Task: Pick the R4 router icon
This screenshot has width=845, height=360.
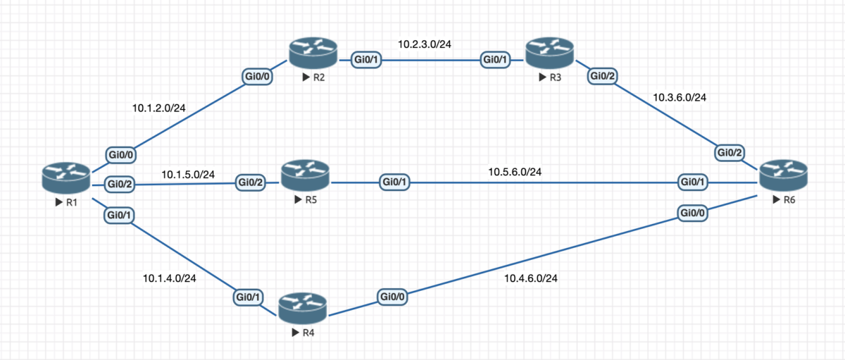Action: point(303,309)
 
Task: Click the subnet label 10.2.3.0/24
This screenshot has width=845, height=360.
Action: point(425,44)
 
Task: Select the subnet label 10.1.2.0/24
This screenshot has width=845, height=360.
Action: point(159,109)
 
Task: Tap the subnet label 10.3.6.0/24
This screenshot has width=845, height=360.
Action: point(680,97)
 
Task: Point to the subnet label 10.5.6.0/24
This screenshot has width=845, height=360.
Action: point(515,171)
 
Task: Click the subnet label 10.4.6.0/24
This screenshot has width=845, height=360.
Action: point(531,279)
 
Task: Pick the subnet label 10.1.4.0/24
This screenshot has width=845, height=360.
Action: point(169,278)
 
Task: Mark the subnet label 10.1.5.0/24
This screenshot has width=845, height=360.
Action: point(188,174)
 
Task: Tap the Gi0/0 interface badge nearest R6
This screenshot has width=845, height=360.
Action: point(694,212)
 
